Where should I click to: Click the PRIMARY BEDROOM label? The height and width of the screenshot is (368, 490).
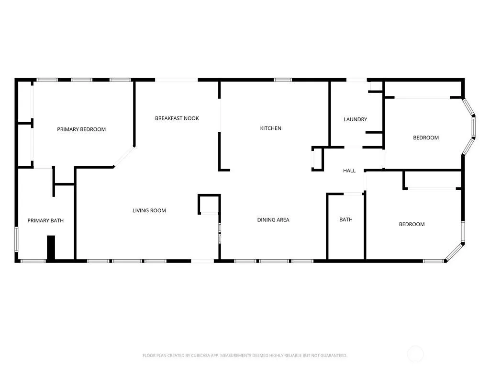click(81, 129)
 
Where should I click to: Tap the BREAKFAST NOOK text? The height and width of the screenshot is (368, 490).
click(177, 118)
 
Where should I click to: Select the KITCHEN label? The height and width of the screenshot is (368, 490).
click(271, 128)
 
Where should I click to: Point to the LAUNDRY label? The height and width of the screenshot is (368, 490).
click(356, 119)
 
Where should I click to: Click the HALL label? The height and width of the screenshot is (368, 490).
click(349, 171)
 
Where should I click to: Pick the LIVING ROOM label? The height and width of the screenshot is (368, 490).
click(149, 211)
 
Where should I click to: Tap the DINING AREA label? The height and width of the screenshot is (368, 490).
click(273, 220)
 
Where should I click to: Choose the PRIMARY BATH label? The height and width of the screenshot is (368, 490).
click(45, 220)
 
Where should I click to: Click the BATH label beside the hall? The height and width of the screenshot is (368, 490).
click(346, 219)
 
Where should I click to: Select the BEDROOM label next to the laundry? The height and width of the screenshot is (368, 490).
click(426, 138)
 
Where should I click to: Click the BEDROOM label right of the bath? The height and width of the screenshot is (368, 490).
click(412, 224)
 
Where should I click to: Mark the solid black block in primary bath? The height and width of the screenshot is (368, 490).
click(51, 248)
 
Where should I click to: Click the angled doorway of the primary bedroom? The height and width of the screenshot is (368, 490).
click(124, 156)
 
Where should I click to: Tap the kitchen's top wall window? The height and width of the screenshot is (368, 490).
click(283, 80)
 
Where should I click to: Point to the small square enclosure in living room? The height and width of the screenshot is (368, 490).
click(209, 204)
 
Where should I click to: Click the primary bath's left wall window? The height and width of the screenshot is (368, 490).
click(17, 240)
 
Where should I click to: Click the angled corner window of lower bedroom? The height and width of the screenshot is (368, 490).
click(454, 252)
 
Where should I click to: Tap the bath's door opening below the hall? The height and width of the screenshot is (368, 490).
click(353, 194)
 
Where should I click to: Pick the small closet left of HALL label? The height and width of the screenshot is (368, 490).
click(318, 159)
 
